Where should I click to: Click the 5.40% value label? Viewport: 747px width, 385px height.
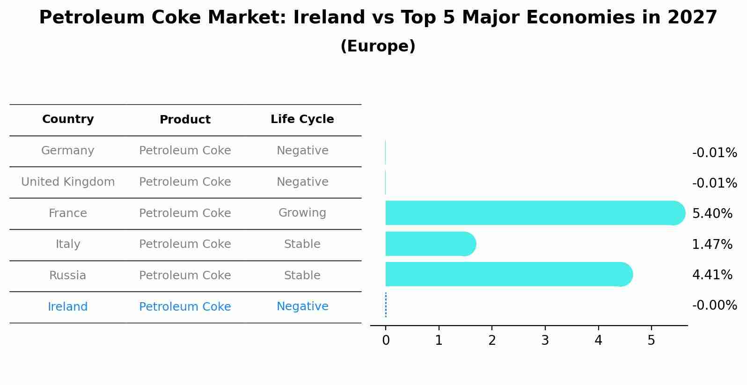coord(712,214)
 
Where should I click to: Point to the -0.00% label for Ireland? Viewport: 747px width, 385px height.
coord(714,305)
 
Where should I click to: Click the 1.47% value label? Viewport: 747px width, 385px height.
coord(712,244)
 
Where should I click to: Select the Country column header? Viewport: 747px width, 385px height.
coord(68,119)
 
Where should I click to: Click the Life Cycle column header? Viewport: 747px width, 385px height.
coord(302,119)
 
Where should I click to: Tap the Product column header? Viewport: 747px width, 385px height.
coord(185,120)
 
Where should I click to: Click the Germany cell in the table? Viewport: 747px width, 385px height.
coord(68,151)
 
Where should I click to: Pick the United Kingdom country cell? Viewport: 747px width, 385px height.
coord(68,182)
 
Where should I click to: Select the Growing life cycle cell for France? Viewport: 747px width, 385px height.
coord(302,213)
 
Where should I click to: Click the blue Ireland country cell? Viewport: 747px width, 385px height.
coord(68,307)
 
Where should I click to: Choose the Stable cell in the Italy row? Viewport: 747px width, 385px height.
coord(302,244)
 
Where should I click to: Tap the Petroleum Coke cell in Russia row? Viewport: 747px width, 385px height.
coord(185,276)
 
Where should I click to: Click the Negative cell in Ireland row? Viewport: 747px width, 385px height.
coord(302,306)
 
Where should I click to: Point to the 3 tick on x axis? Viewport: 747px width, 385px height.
coord(545,341)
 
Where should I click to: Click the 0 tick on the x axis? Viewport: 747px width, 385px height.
coord(386,341)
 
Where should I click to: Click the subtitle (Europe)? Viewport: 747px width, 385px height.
coord(378,46)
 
